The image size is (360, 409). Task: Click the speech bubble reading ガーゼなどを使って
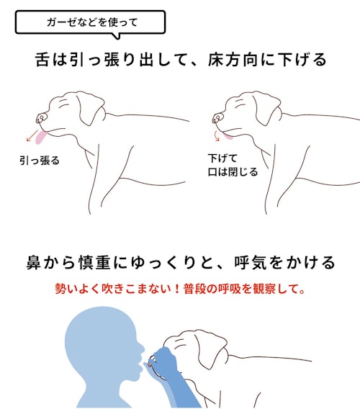90,23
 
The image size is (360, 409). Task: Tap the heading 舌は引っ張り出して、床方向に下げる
181,60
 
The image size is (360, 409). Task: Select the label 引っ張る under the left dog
40,161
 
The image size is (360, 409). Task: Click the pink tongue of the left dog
41,138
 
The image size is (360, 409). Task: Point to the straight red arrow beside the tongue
32,136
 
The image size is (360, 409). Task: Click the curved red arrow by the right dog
216,135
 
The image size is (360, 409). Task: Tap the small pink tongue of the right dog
228,136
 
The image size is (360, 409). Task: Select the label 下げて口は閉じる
233,165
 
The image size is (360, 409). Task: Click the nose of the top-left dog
41,118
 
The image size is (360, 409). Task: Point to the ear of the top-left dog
91,107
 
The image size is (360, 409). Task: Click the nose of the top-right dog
217,118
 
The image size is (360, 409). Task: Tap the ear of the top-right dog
268,107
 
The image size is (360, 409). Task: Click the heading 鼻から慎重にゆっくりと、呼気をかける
181,262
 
